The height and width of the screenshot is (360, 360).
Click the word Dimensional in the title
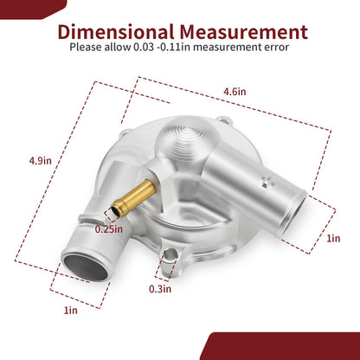tap(116, 31)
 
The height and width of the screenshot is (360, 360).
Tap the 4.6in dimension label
tap(235, 92)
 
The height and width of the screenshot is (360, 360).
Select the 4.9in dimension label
tap(40, 160)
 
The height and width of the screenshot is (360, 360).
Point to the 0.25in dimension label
tap(109, 229)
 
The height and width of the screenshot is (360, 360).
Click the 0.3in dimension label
tap(160, 289)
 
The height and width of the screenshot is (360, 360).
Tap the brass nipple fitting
tap(133, 196)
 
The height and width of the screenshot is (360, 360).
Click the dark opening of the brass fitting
tap(115, 211)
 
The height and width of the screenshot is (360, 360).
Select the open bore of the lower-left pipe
tap(86, 267)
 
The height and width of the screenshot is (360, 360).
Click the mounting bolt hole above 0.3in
tap(170, 254)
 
